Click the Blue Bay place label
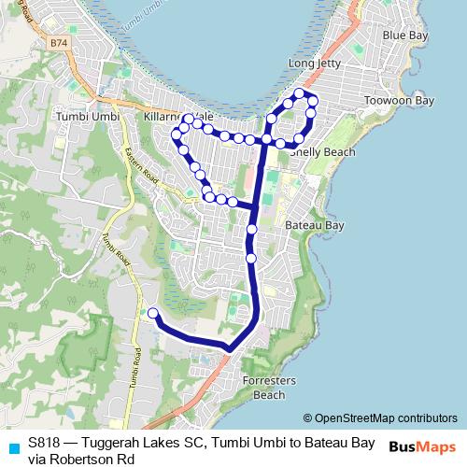(406, 35)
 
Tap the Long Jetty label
(315, 64)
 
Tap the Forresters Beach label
(269, 388)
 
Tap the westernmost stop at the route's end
(153, 314)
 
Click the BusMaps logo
(422, 446)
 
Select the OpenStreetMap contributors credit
(379, 418)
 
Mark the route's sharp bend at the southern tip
(228, 349)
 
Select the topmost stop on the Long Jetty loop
(300, 92)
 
